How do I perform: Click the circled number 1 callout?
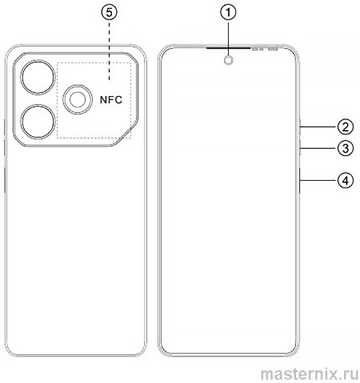(228, 13)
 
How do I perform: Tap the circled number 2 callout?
(345, 127)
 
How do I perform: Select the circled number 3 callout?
(345, 148)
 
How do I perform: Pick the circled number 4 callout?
(345, 181)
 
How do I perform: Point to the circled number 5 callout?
(109, 13)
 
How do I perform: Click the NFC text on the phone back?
(111, 99)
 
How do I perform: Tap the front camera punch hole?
(228, 60)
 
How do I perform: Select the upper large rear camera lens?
(38, 77)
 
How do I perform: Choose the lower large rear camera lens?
(38, 121)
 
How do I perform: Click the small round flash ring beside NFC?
(63, 99)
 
